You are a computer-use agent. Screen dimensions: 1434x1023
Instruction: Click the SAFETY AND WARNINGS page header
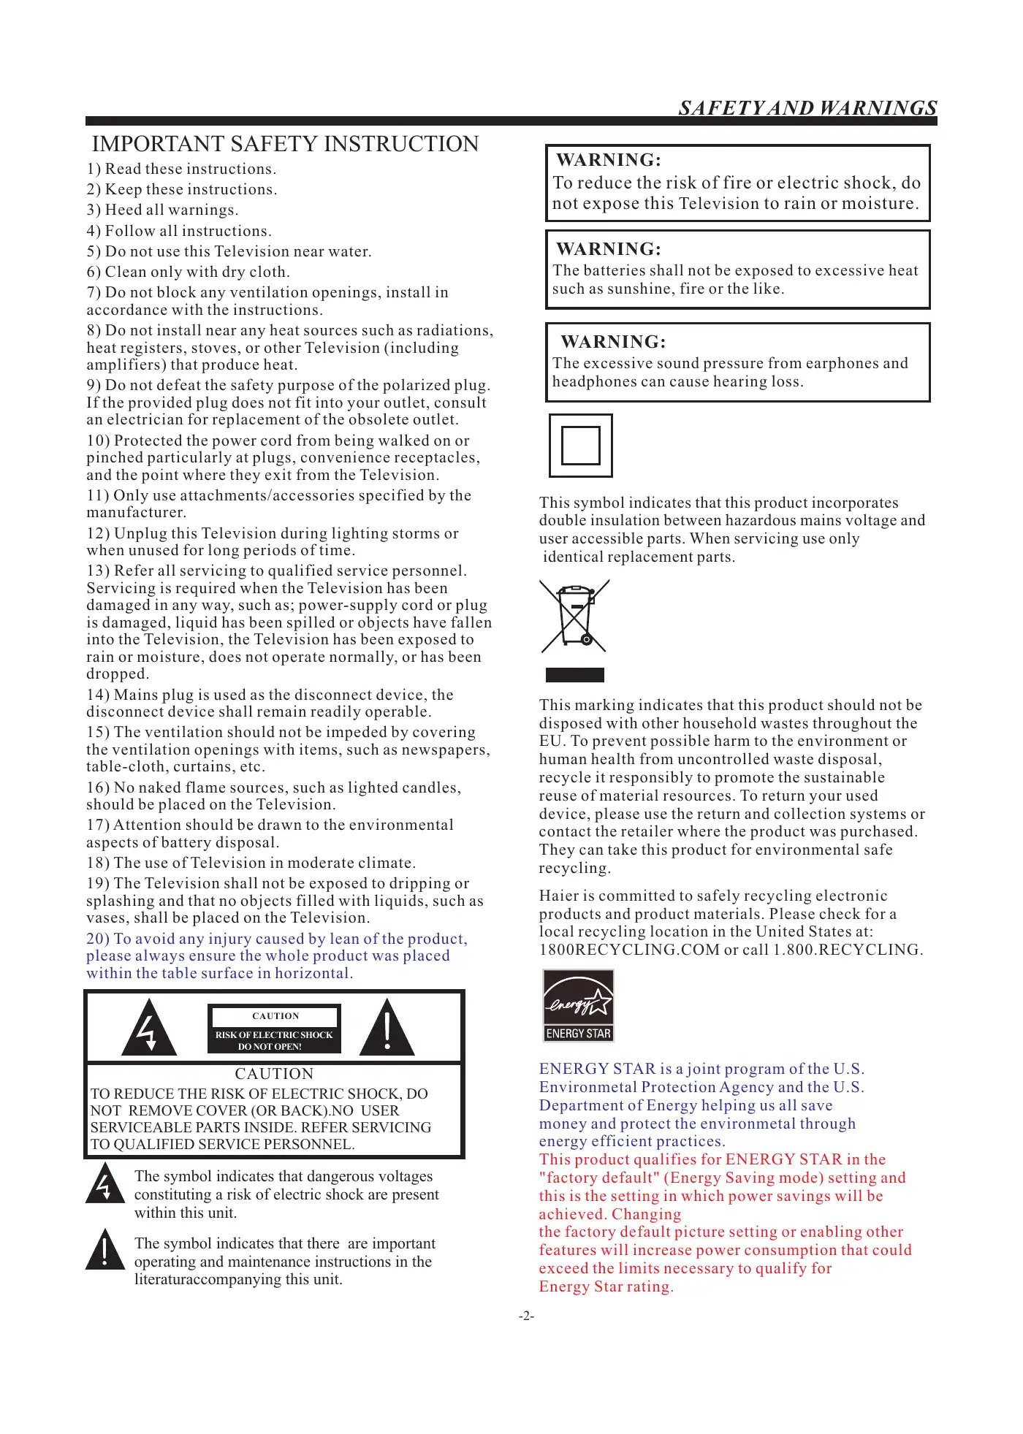click(x=807, y=108)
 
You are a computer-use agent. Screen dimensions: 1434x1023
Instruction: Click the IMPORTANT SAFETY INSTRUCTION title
click(x=285, y=144)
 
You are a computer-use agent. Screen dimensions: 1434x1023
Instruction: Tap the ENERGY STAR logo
click(x=578, y=1005)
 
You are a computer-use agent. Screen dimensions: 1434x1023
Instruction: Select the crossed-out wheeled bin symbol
click(x=575, y=616)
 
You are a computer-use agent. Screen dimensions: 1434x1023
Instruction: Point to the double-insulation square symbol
click(x=581, y=446)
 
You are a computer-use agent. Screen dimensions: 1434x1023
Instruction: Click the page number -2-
click(x=526, y=1316)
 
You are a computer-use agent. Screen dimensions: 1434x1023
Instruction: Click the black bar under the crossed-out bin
click(x=575, y=675)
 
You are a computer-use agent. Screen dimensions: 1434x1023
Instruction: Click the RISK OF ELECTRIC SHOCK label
click(x=274, y=1035)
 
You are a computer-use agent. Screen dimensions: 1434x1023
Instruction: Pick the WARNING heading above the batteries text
click(x=609, y=249)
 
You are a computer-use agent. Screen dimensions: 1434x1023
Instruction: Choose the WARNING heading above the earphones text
click(x=613, y=342)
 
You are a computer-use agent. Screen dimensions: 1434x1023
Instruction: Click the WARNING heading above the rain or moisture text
click(x=609, y=160)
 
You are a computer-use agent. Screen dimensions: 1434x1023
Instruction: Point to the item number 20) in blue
click(x=98, y=939)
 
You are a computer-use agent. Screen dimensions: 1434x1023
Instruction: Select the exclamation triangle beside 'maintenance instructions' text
click(x=105, y=1250)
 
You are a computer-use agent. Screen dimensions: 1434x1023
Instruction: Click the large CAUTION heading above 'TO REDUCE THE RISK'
click(x=274, y=1074)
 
